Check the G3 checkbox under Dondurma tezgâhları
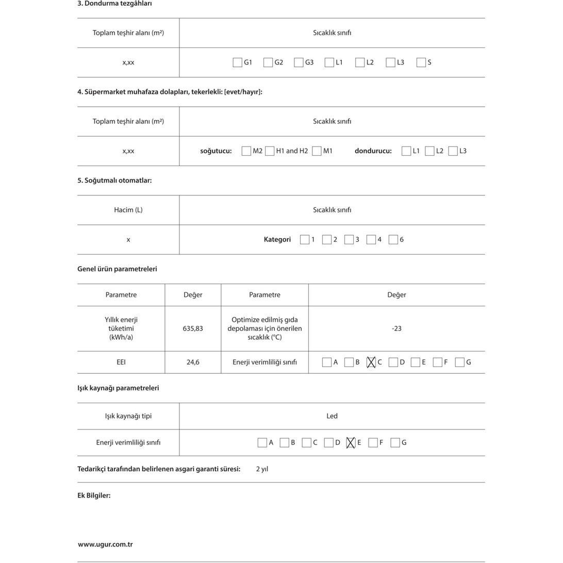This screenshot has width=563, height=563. click(x=299, y=62)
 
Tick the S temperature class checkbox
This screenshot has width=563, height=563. click(x=421, y=62)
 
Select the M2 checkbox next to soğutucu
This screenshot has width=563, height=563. click(x=246, y=151)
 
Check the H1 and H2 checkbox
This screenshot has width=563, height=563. click(x=270, y=151)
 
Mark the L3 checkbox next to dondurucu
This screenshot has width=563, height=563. click(x=453, y=151)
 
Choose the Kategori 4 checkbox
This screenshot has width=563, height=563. click(x=371, y=240)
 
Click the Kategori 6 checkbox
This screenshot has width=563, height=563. click(x=393, y=240)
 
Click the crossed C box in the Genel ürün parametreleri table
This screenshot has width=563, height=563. click(x=371, y=362)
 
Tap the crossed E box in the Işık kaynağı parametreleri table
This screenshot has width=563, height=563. click(x=351, y=443)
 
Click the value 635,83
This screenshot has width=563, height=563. click(x=193, y=328)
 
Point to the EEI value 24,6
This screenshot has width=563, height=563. click(x=193, y=362)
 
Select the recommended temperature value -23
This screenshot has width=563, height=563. click(x=396, y=328)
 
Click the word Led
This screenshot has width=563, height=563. click(x=332, y=416)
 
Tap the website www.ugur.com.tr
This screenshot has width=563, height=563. click(x=105, y=544)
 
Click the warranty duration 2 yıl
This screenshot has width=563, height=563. click(x=262, y=469)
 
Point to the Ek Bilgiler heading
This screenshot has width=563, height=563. click(x=94, y=495)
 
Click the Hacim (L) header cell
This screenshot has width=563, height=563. click(x=128, y=210)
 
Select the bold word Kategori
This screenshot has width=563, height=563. click(x=277, y=240)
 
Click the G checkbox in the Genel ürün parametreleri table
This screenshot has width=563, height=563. click(x=460, y=362)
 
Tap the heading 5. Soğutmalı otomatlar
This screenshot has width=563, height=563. click(x=114, y=180)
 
